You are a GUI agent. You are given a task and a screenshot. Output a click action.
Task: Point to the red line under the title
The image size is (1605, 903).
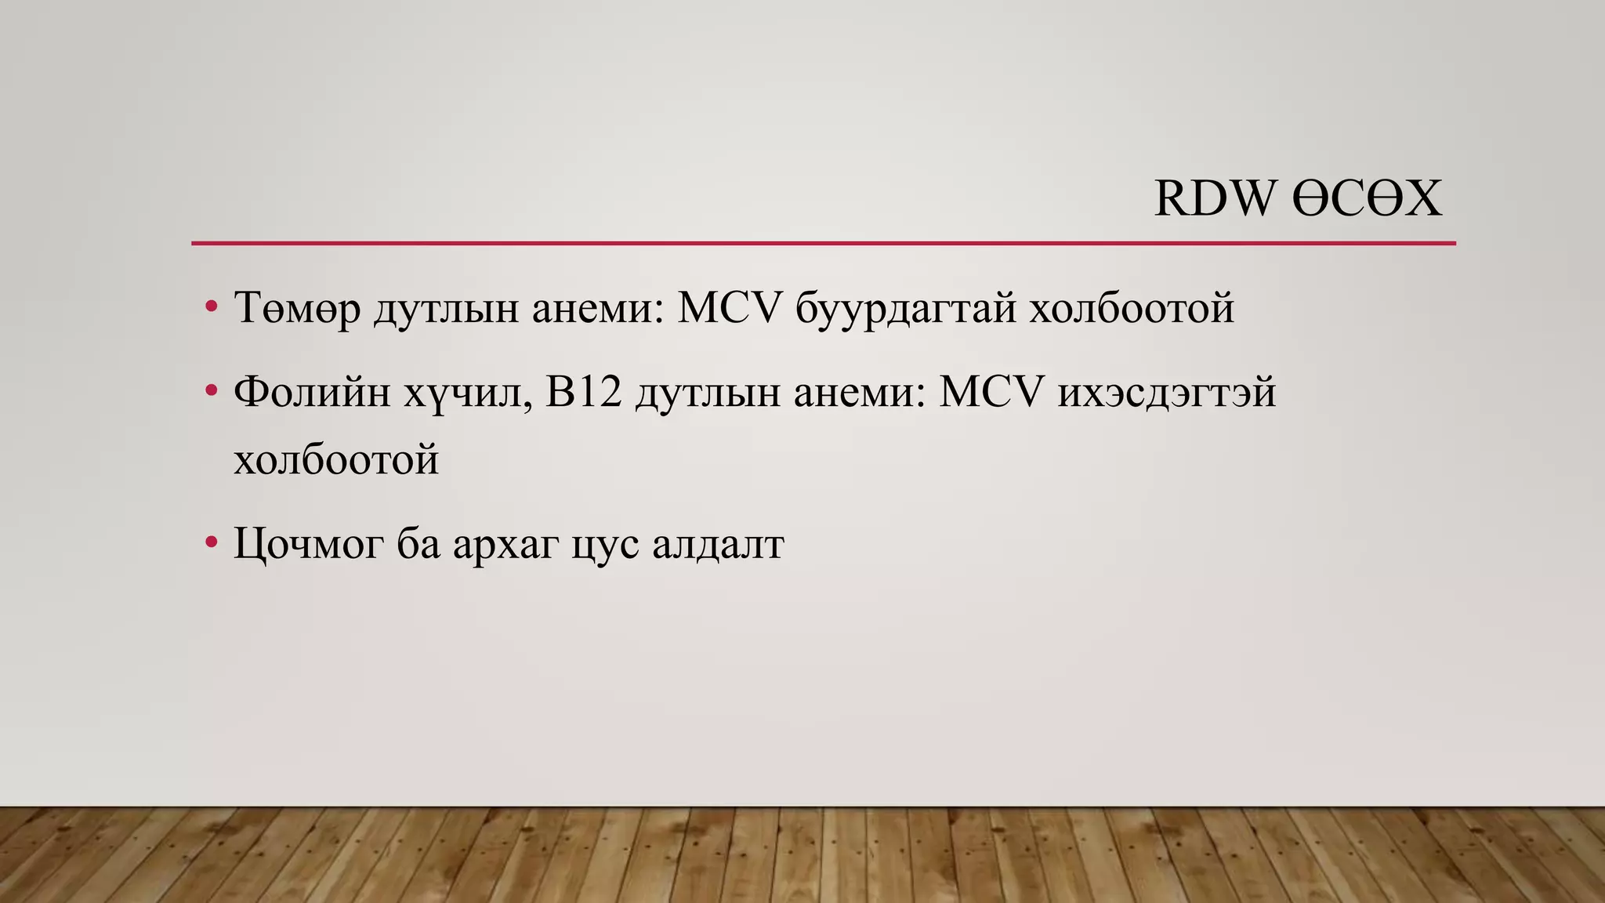coord(823,244)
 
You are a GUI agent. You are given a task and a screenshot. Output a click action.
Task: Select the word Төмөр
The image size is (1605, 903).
coord(297,308)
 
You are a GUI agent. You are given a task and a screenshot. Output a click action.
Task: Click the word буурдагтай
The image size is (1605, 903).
coord(905,308)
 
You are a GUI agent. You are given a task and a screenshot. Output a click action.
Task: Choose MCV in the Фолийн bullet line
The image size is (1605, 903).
coord(991,391)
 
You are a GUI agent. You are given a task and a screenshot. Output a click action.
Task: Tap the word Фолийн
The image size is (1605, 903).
coord(312,391)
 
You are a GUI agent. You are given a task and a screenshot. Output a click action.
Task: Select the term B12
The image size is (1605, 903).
coord(583,391)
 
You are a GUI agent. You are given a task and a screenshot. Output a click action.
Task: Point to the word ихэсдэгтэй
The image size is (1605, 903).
coord(1166,391)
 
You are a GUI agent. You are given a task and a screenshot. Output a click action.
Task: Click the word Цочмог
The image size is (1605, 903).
coord(309,543)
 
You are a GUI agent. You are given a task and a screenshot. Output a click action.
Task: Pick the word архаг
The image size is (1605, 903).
coord(505,543)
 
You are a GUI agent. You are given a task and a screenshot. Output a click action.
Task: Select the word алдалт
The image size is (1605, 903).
coord(718,543)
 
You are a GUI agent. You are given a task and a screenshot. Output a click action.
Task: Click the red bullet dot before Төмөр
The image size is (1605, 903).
coord(210,306)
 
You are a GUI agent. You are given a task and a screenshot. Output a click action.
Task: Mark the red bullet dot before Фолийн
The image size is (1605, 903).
coord(210,390)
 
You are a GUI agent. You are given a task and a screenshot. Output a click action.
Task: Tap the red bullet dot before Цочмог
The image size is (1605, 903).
coord(210,542)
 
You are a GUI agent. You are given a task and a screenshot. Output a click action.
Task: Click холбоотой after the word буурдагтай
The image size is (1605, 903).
coord(1132,308)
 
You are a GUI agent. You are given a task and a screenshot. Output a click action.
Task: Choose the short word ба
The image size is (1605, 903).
coord(418,543)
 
